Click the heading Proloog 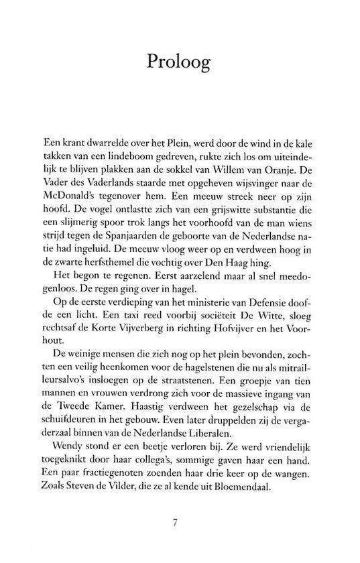pyautogui.click(x=179, y=62)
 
